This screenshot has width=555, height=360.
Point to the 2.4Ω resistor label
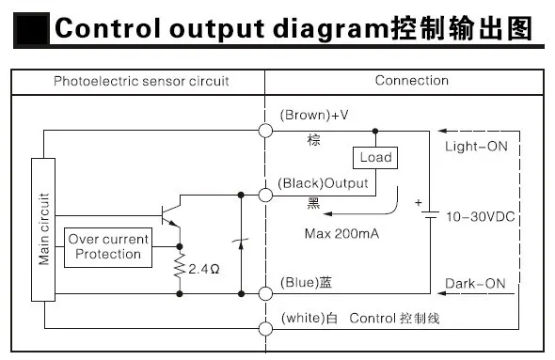point(204,269)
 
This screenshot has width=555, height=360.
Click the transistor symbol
point(170,214)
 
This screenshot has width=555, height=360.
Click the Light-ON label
point(476,147)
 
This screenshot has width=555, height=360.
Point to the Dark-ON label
point(475,284)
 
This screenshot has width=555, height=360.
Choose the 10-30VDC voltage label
point(481,217)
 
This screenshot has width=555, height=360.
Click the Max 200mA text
point(341,234)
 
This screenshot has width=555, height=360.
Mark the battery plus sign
point(419,203)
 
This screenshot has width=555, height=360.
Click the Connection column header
point(412,81)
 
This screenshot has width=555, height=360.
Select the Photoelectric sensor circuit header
point(141,81)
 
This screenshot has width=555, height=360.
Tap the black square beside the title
point(31,28)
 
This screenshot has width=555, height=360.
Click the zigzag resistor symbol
point(180,265)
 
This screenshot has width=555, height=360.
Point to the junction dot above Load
point(375,132)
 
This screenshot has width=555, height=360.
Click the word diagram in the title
point(331,29)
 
